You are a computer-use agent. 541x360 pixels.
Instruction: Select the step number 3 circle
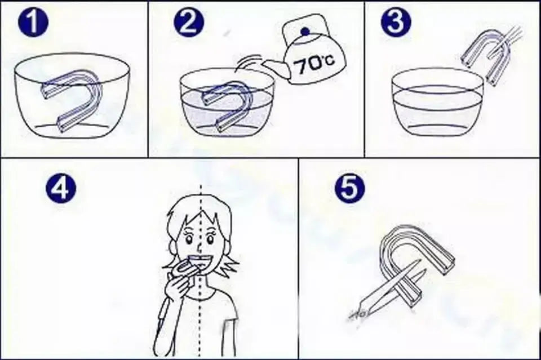click(396, 21)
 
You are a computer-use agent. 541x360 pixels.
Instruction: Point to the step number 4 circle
click(61, 189)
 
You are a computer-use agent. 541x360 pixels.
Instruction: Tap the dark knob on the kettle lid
click(305, 32)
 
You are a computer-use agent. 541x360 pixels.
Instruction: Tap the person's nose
click(199, 247)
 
